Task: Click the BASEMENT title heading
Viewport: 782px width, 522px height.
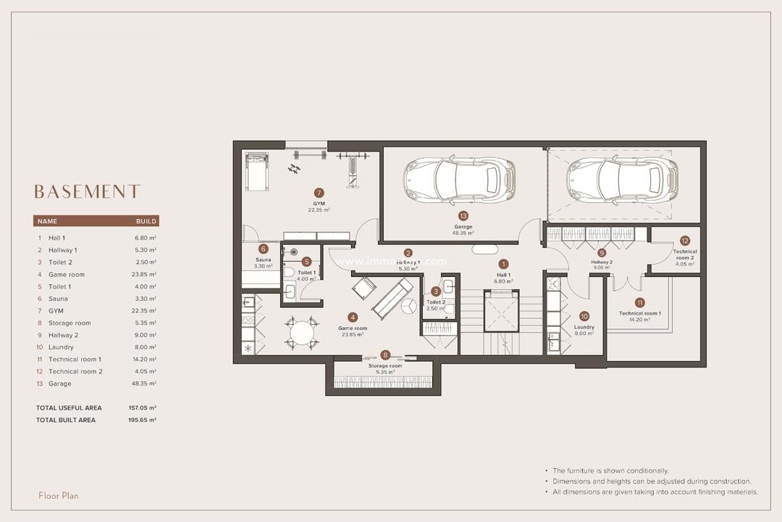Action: tap(87, 191)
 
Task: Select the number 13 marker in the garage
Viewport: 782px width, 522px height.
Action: tap(463, 215)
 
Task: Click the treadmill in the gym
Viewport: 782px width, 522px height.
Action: tap(256, 171)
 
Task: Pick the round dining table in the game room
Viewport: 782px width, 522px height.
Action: tap(302, 333)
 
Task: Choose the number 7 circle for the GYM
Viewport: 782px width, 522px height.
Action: tap(319, 193)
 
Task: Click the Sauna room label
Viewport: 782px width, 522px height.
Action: tap(263, 259)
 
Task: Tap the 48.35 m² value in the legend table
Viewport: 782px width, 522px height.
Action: tap(146, 384)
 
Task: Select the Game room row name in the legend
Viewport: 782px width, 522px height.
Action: tap(67, 275)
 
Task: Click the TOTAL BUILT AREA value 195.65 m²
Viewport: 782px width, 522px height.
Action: tap(143, 420)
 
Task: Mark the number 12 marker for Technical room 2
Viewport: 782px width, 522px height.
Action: tap(684, 240)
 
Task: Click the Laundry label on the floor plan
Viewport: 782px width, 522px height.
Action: tap(584, 327)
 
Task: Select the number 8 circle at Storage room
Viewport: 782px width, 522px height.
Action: tap(385, 355)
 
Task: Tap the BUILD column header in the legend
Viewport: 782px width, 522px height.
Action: tap(146, 221)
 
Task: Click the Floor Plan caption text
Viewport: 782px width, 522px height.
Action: tap(59, 496)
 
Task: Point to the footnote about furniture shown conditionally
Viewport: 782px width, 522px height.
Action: tap(610, 471)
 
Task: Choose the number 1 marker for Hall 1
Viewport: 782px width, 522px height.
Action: tap(503, 265)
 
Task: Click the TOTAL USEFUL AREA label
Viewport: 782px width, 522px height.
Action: tap(69, 408)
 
